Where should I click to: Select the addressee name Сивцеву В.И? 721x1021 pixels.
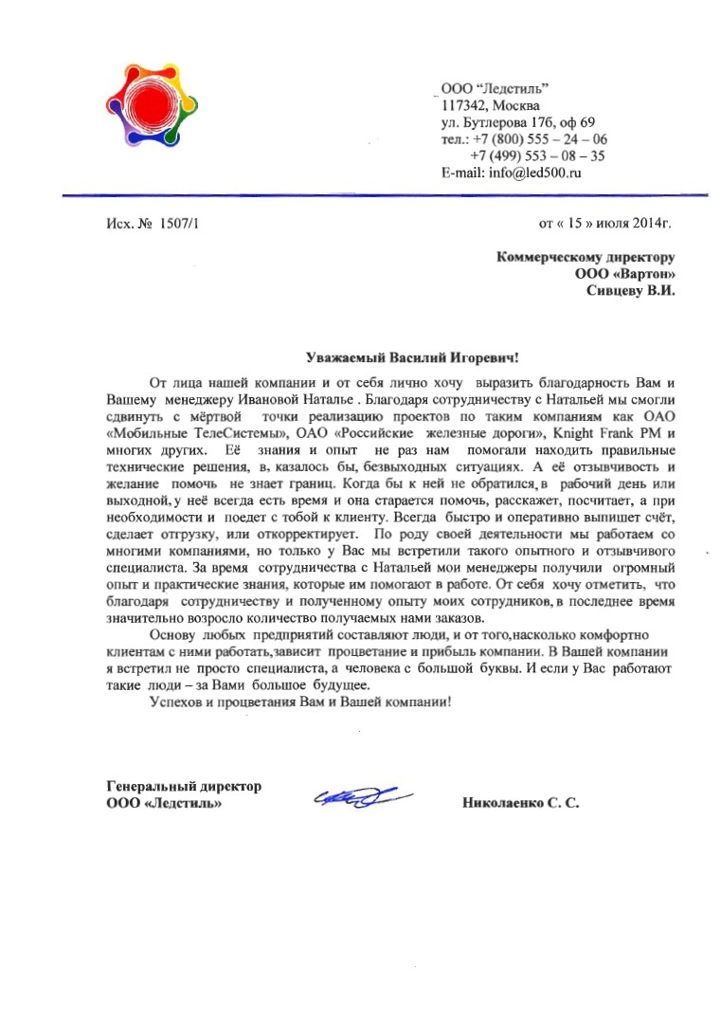[x=631, y=291]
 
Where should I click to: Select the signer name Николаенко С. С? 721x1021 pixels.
[x=520, y=803]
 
